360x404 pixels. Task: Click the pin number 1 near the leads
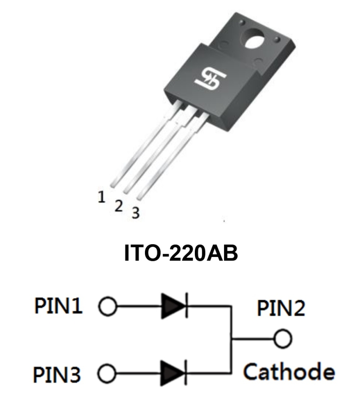[x=102, y=197]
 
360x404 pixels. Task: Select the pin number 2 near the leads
[x=119, y=206]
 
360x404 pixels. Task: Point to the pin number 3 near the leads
[x=135, y=213]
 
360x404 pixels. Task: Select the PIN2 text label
[x=281, y=308]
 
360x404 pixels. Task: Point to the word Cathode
[x=289, y=372]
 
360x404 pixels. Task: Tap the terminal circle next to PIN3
[x=107, y=373]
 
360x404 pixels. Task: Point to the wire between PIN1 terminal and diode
[x=137, y=307]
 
